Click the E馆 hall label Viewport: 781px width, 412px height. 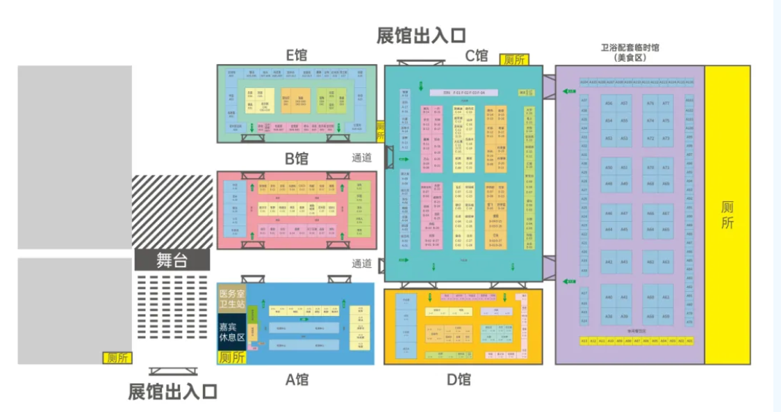click(x=296, y=56)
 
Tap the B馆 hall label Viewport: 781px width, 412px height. click(x=296, y=158)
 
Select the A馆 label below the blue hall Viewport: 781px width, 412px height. click(x=297, y=379)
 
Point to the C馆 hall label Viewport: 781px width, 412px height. click(x=477, y=56)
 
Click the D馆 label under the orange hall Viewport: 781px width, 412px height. click(x=459, y=379)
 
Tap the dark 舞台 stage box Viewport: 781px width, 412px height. click(x=172, y=260)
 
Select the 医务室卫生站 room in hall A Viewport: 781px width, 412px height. click(x=231, y=298)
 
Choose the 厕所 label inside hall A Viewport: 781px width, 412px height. click(x=231, y=358)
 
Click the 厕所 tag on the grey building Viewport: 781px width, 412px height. click(x=116, y=358)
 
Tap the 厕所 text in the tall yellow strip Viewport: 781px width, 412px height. click(x=727, y=215)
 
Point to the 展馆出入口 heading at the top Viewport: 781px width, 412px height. click(x=421, y=35)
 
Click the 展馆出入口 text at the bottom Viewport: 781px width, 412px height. click(x=173, y=392)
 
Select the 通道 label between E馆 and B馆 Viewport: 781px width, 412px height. click(x=361, y=157)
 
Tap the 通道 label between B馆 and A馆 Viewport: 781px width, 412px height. click(x=361, y=264)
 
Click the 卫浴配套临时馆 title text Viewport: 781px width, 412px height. click(x=630, y=48)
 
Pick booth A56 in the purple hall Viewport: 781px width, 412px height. click(x=609, y=104)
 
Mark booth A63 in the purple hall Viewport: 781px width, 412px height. click(x=666, y=262)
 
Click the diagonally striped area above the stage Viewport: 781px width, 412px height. click(x=172, y=211)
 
